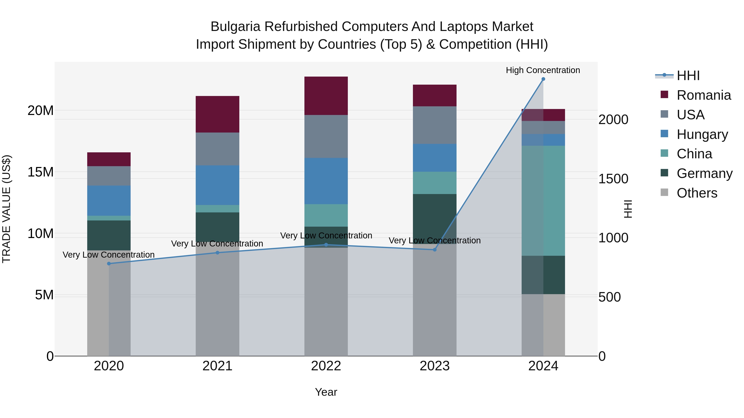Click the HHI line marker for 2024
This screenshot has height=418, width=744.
coord(543,79)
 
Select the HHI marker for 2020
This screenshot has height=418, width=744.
coord(109,263)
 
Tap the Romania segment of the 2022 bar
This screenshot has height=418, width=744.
coord(326,96)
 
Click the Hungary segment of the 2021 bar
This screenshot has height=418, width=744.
coord(217,185)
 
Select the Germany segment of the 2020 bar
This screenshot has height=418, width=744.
coord(109,235)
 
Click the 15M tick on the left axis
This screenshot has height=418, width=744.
coord(41,172)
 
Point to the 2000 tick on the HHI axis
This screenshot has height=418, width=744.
coord(613,120)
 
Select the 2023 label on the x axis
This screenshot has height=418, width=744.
coord(434,366)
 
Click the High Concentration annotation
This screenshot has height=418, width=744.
coord(543,70)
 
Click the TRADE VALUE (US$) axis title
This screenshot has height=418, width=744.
coord(6,209)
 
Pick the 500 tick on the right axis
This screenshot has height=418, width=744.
coord(609,297)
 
